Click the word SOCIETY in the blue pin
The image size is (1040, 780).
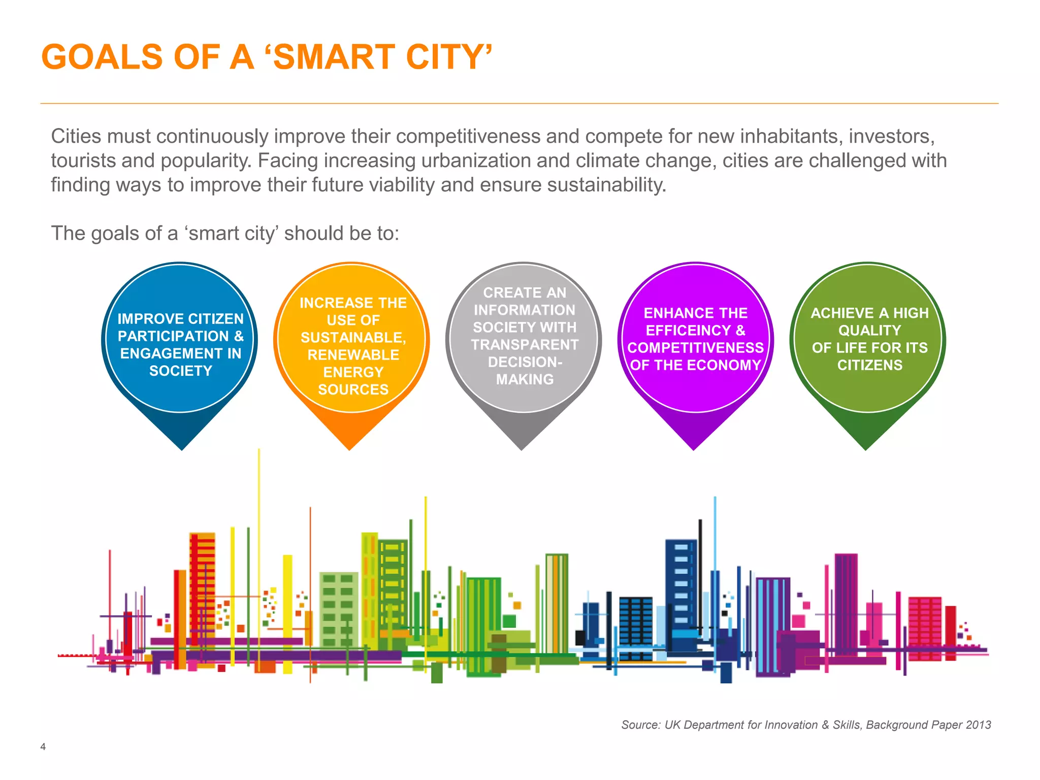(x=180, y=371)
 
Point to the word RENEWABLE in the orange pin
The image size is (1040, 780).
(x=353, y=355)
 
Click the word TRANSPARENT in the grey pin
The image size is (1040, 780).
(x=524, y=345)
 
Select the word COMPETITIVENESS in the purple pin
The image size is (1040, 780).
(x=695, y=348)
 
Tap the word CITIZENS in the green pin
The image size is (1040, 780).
(x=869, y=365)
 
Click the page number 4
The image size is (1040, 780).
(x=43, y=746)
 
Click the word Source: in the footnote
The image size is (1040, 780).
(x=641, y=725)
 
